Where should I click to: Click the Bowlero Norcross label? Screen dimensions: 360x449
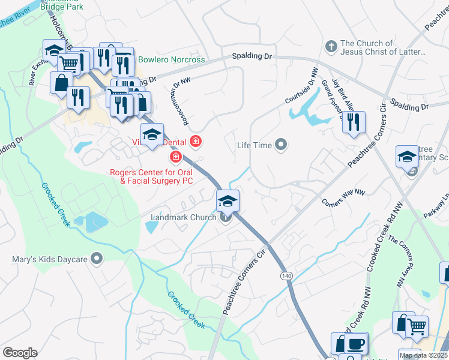172,59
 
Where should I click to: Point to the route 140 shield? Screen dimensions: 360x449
286,275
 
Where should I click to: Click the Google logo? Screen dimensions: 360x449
20,353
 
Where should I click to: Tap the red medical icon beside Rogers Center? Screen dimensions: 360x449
175,158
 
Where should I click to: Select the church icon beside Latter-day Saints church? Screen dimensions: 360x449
330,46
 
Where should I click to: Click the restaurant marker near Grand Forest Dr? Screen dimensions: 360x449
354,122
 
